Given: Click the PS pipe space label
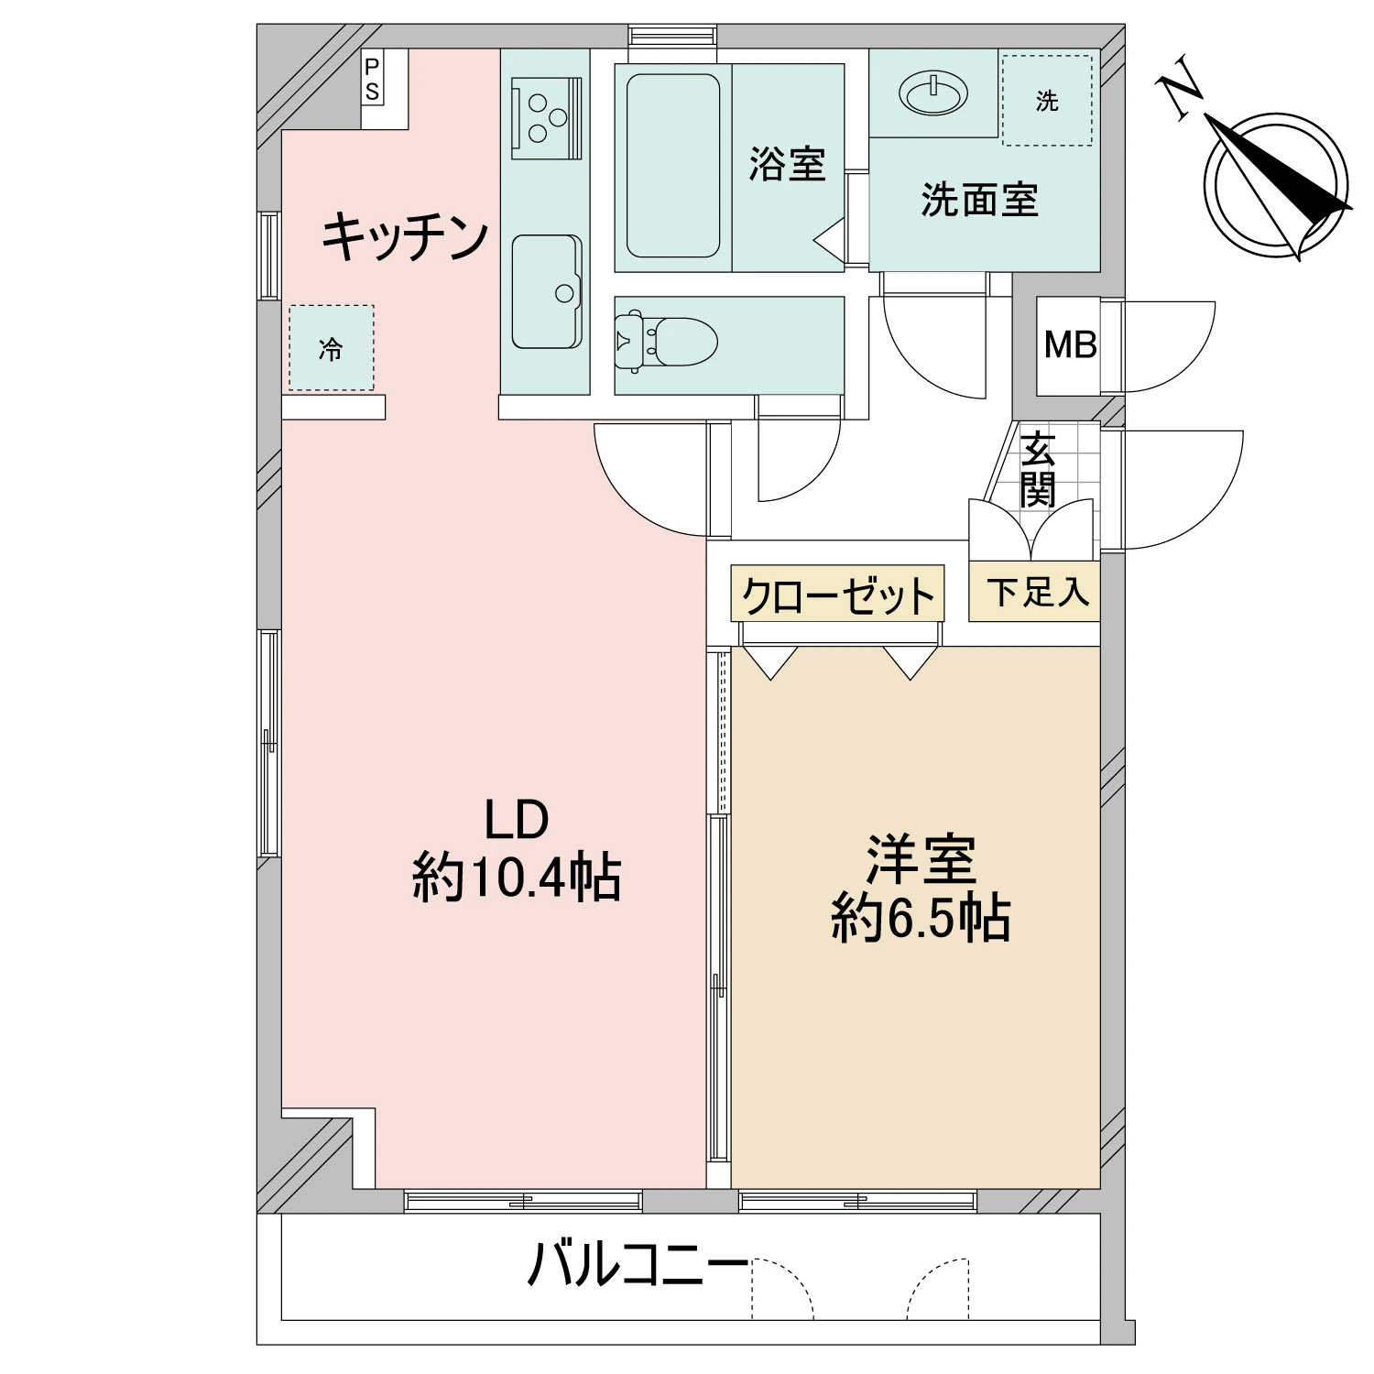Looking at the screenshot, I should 372,79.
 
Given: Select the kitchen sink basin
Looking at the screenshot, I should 547,292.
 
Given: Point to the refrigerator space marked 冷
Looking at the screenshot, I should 332,348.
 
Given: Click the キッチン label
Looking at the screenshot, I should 404,236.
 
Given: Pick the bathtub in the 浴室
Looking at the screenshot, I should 672,166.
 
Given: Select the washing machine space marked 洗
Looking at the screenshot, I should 1047,101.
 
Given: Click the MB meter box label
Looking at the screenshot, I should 1070,346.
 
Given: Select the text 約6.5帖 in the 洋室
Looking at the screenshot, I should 921,919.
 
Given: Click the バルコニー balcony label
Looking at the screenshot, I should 638,1265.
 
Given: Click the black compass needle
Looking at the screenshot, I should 1282,169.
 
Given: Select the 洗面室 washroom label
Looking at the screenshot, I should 979,199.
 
